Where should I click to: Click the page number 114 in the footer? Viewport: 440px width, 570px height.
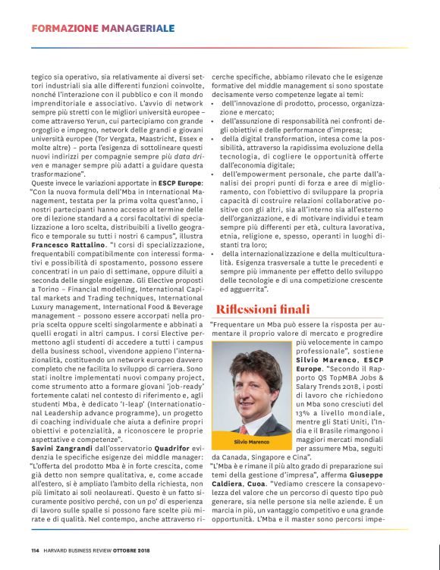pyautogui.click(x=36, y=550)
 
